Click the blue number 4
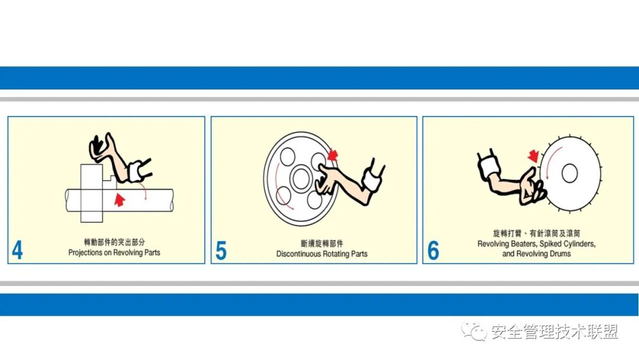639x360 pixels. tap(17, 250)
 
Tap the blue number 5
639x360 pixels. tap(221, 250)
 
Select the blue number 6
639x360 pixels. tap(433, 250)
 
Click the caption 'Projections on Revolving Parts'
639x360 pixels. tap(114, 252)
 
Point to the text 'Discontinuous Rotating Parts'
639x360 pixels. tap(322, 253)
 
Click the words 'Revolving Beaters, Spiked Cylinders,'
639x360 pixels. tap(536, 244)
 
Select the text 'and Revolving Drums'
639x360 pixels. tap(536, 254)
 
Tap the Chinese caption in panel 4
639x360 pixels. tap(114, 242)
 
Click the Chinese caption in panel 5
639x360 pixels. tap(322, 243)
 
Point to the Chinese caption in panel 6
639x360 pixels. tap(536, 234)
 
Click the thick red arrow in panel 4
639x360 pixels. tap(120, 199)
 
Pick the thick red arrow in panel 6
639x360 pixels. tap(534, 156)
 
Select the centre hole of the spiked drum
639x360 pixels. tap(569, 173)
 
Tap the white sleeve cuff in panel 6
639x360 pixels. tap(490, 168)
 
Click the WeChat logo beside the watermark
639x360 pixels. tap(473, 332)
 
